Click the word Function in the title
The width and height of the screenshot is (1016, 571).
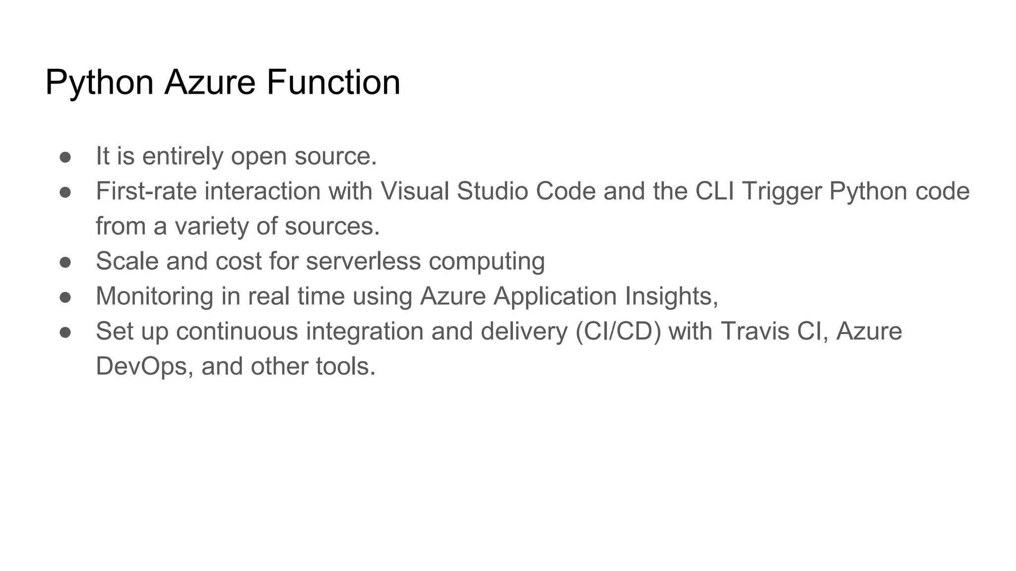333,82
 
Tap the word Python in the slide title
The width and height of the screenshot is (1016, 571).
99,82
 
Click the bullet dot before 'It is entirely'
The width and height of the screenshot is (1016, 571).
65,157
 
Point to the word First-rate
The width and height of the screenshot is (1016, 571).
146,191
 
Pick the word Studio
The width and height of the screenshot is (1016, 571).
492,191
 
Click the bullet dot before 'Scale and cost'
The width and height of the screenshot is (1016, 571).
65,262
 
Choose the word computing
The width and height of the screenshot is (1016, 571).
487,261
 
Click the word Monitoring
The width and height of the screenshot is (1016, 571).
154,296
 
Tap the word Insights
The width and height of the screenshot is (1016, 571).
671,296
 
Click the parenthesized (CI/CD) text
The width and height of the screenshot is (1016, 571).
618,332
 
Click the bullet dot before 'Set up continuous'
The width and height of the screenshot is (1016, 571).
65,332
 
